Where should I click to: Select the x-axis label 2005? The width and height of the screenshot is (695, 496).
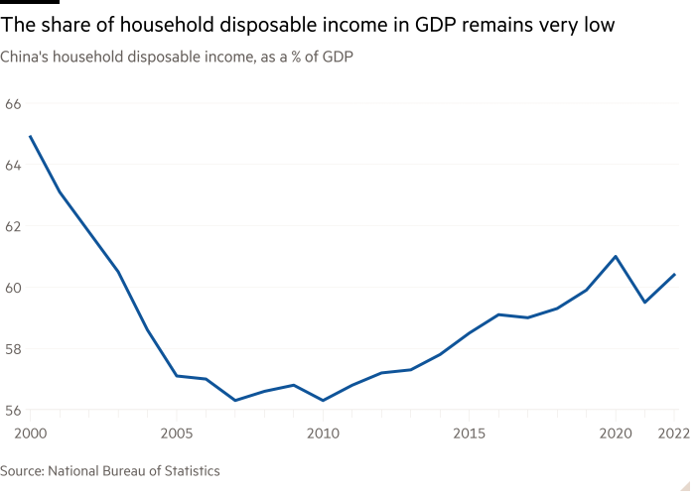coord(176,433)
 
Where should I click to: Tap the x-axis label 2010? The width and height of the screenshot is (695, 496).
coord(323,433)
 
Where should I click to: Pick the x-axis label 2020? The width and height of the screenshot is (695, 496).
coord(616,433)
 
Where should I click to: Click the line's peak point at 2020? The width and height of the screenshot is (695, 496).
coord(616,256)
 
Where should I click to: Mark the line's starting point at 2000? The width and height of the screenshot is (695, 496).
coord(30,136)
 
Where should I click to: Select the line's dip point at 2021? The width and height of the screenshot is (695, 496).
coord(645,302)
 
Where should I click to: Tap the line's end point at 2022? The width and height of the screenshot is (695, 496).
coord(675,274)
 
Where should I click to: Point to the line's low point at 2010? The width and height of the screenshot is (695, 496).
coord(323,401)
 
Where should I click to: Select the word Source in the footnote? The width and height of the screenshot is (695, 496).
coord(21,470)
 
